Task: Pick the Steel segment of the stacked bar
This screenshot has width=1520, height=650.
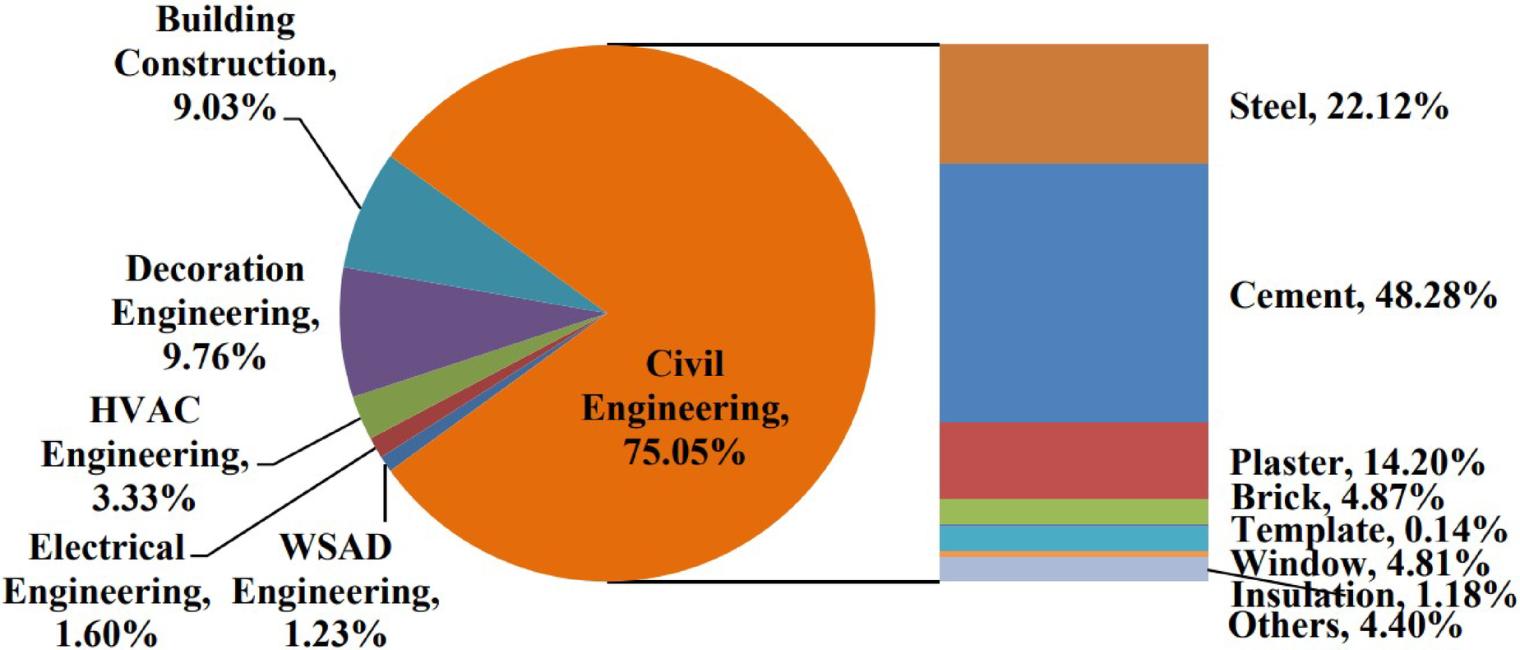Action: (1073, 104)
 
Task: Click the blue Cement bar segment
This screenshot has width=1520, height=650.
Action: (1073, 292)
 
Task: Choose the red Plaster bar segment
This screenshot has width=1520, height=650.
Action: (1073, 460)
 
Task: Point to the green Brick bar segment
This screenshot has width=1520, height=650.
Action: (1073, 511)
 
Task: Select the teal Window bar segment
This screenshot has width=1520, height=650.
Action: (1073, 537)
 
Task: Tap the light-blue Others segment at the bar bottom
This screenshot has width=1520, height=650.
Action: (1073, 569)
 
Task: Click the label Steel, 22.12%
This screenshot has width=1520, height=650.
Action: (1338, 107)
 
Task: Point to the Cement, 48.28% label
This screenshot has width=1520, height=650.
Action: (1362, 295)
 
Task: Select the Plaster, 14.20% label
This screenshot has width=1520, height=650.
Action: (1356, 462)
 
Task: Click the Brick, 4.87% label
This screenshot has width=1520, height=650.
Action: (1337, 497)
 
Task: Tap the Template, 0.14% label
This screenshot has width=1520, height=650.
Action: (1368, 530)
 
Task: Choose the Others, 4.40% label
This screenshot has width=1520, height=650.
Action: (1344, 626)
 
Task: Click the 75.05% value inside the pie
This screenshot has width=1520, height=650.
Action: (684, 452)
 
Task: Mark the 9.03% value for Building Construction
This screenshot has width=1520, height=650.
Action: (224, 107)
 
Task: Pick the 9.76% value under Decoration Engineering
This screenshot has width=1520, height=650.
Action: (214, 356)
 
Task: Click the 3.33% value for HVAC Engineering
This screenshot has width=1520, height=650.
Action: (144, 498)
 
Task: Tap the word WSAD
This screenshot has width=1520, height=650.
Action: (335, 547)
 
